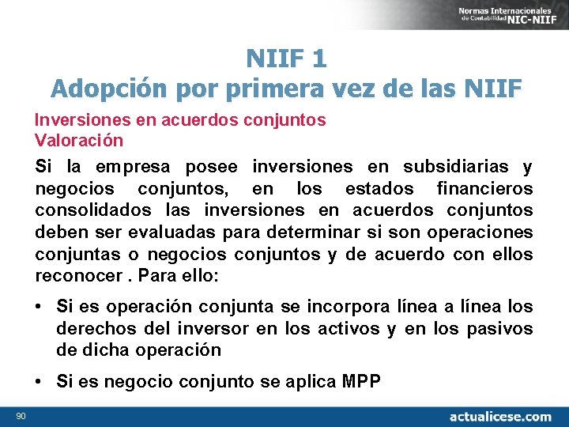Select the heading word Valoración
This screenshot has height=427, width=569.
point(79,141)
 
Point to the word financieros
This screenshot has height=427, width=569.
point(484,189)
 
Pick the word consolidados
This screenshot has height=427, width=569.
point(93,211)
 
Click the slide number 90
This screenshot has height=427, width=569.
point(20,416)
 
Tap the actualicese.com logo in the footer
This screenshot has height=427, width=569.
point(499,416)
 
